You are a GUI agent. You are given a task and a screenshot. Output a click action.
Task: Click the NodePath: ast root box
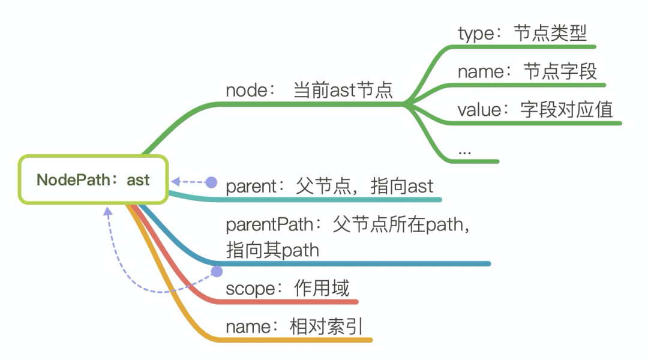tap(93, 180)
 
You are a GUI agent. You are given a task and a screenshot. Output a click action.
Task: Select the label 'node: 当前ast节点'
tap(309, 91)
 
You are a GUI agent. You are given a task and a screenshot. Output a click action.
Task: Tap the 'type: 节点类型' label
tap(522, 34)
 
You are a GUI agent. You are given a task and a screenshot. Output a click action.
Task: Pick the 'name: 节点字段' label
tap(527, 72)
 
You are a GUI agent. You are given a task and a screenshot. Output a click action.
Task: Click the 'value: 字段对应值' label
tap(535, 110)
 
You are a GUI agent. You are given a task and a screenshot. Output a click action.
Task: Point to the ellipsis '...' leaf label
tap(464, 151)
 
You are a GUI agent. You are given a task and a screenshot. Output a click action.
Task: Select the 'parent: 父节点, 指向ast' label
tap(329, 186)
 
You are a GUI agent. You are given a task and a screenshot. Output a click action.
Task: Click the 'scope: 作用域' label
tap(287, 289)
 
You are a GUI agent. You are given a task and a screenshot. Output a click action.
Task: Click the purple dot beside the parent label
tap(211, 181)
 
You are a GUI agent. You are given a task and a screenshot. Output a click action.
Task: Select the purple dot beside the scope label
tap(216, 272)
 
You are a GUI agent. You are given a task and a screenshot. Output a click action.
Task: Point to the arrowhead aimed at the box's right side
tap(175, 181)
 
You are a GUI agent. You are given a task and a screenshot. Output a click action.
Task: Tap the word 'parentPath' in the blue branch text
tap(269, 225)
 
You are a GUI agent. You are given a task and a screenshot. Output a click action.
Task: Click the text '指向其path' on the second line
tap(272, 250)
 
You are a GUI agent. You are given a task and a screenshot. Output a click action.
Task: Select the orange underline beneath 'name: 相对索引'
tap(294, 340)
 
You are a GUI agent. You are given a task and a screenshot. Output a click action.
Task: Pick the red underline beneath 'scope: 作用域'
tap(288, 302)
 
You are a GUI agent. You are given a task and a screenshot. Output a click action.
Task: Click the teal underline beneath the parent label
tap(330, 199)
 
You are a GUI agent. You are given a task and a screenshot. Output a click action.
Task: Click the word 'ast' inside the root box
tap(138, 180)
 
